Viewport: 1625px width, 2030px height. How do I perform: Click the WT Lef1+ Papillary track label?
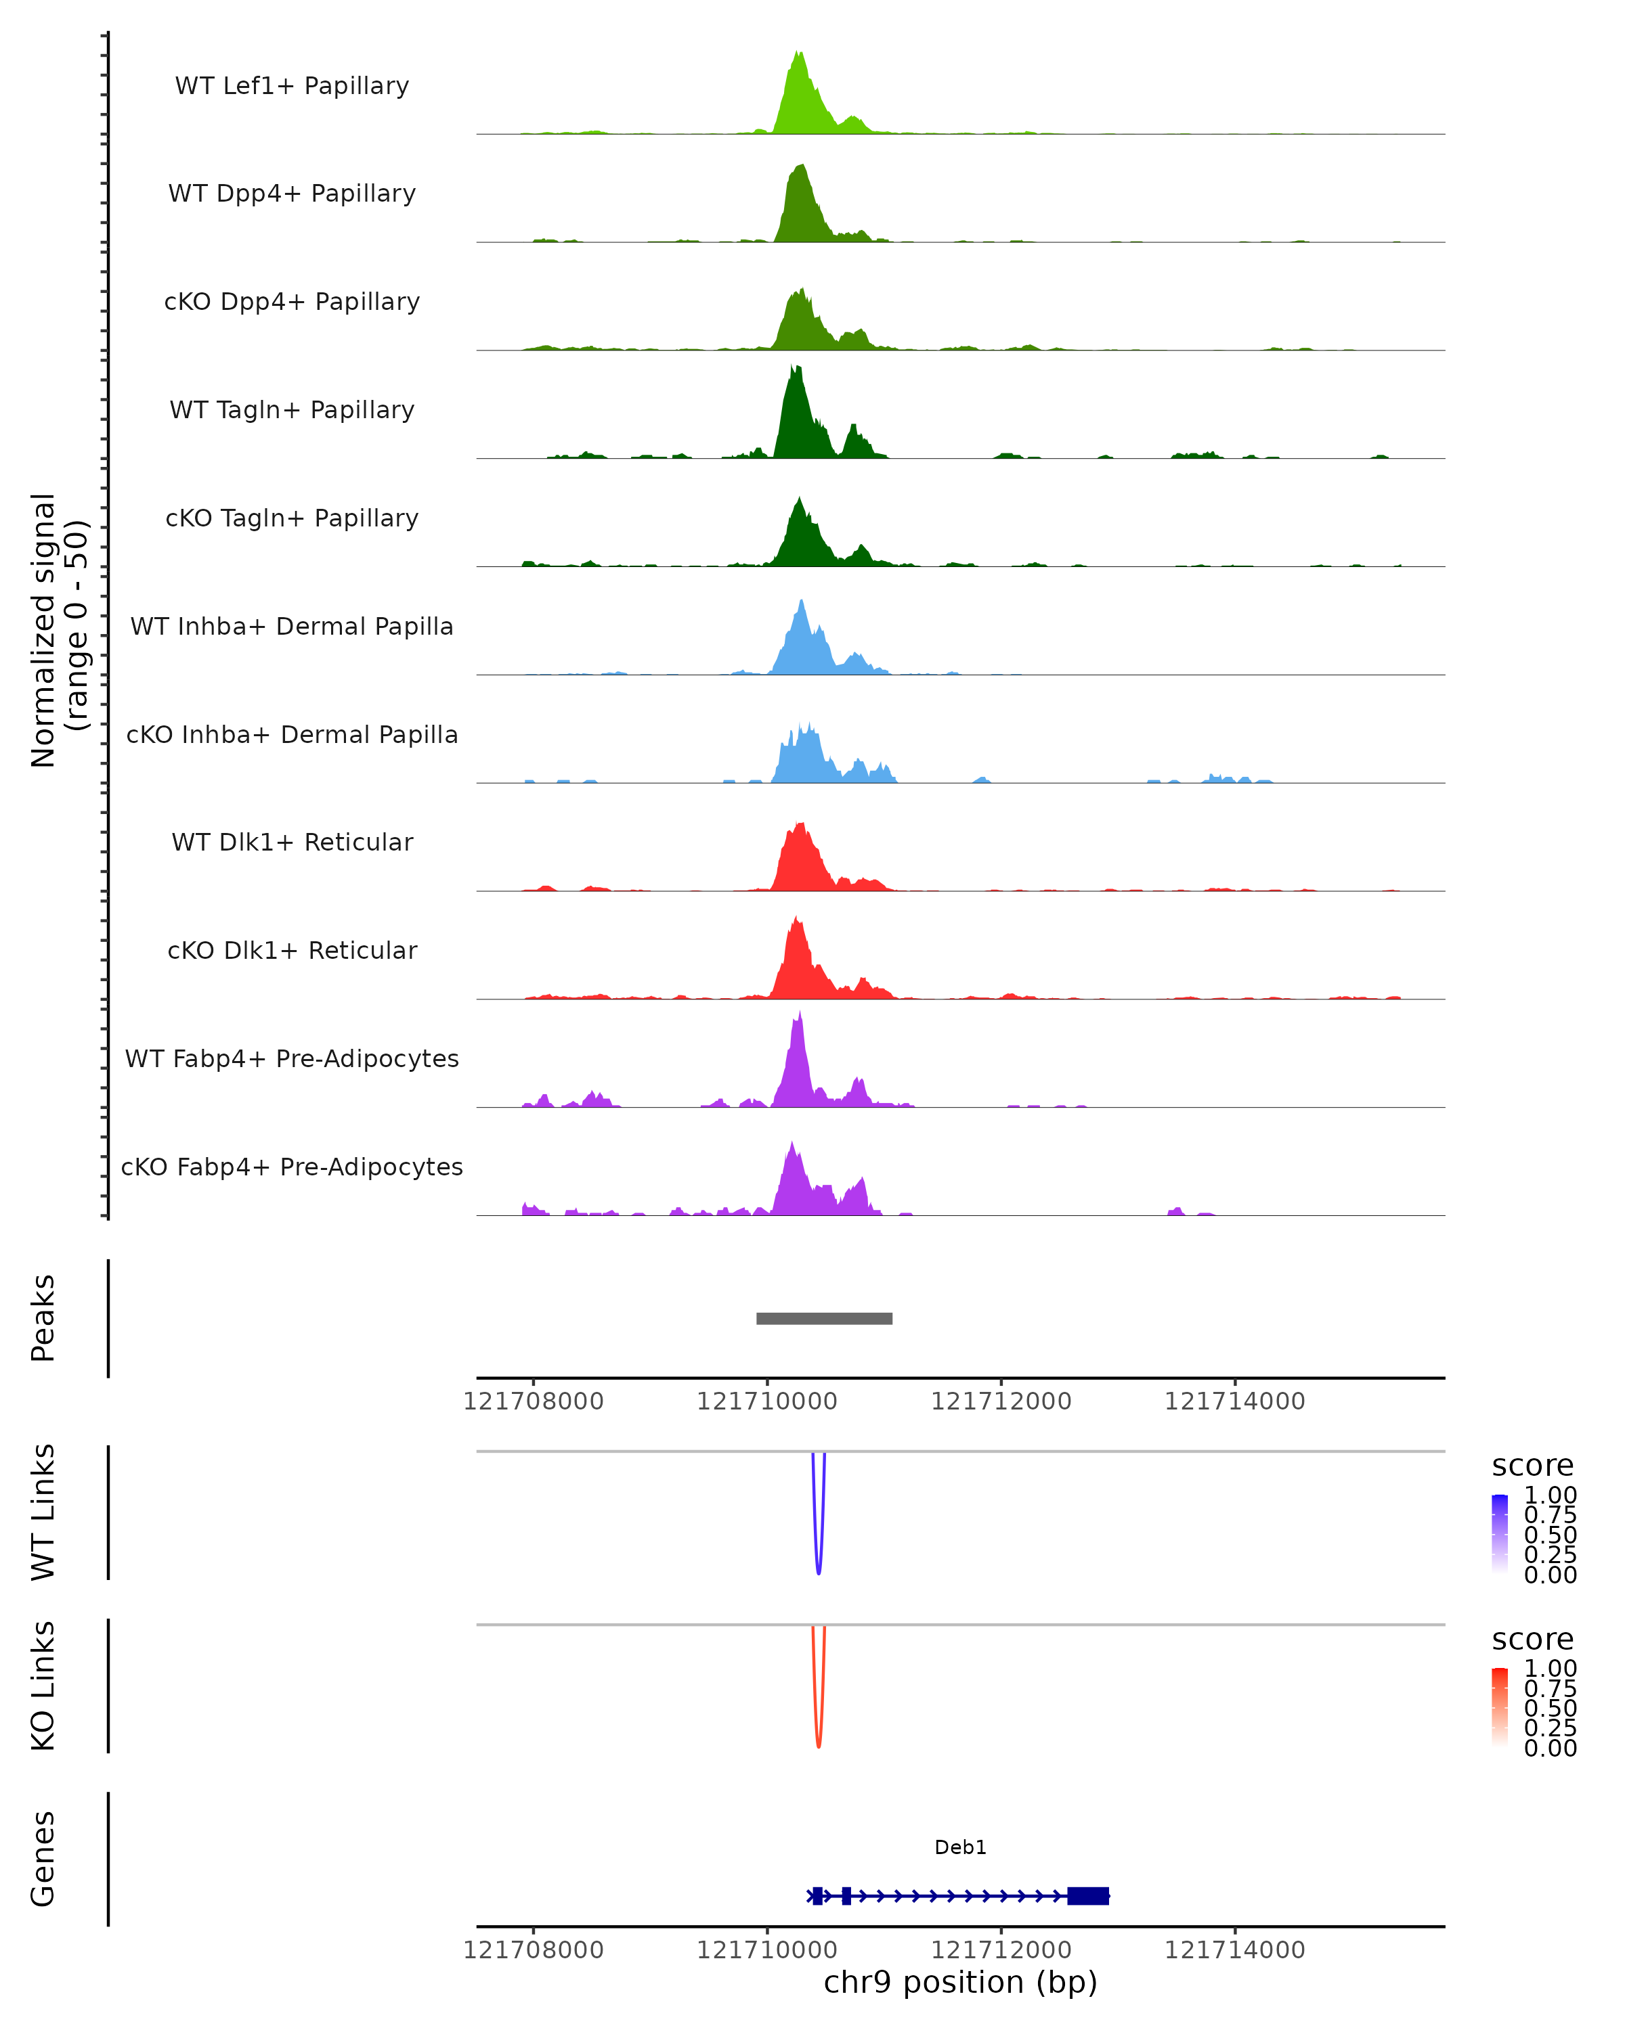(x=292, y=86)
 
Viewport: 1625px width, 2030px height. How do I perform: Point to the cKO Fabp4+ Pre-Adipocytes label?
(x=292, y=1167)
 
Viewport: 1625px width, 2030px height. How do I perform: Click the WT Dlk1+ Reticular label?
(x=292, y=842)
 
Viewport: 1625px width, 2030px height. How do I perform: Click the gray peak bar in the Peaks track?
(x=824, y=1318)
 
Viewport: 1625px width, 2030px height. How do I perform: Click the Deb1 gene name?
(x=960, y=1847)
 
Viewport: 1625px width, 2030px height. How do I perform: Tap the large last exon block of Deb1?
(x=1088, y=1896)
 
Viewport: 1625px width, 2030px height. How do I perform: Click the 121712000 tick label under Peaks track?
(x=1001, y=1402)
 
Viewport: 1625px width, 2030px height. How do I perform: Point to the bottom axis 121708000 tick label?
(x=533, y=1950)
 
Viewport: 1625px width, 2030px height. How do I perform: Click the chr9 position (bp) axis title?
(x=960, y=1983)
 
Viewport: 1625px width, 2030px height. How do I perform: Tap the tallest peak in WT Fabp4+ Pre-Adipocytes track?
(x=800, y=1015)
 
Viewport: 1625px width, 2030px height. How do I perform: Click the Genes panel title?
(x=43, y=1859)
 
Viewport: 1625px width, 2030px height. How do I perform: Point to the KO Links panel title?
(x=43, y=1686)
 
